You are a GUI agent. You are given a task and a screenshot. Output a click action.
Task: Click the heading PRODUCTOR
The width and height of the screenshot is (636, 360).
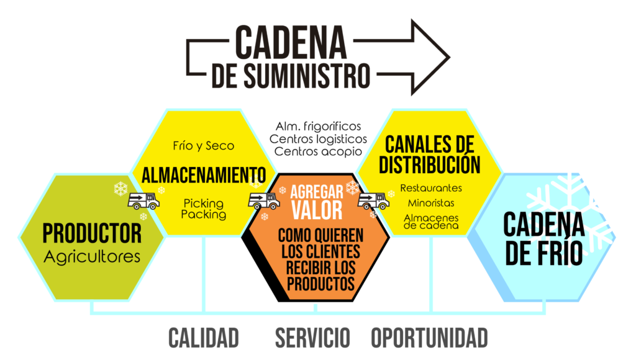point(92,233)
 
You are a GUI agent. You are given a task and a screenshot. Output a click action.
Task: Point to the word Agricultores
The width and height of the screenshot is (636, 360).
point(92,256)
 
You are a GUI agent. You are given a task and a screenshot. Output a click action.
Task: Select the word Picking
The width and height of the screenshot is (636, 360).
point(204,203)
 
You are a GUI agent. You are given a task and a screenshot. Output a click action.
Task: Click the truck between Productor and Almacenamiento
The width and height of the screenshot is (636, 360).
point(143,201)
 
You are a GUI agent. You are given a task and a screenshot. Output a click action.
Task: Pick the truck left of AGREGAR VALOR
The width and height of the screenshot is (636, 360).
point(263,200)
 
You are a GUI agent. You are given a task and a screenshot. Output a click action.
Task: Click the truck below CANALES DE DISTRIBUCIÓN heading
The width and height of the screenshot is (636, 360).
point(373,200)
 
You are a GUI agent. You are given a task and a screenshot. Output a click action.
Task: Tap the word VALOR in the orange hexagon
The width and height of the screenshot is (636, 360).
point(318,210)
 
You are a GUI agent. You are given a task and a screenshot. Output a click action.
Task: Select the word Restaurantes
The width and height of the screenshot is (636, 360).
point(431,187)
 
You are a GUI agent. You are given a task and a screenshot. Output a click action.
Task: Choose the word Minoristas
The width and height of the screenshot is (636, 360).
point(431,202)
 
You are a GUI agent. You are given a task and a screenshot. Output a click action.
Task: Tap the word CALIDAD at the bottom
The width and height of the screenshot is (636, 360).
point(204,338)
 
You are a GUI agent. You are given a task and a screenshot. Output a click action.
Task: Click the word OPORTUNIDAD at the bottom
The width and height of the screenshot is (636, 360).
point(429,338)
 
